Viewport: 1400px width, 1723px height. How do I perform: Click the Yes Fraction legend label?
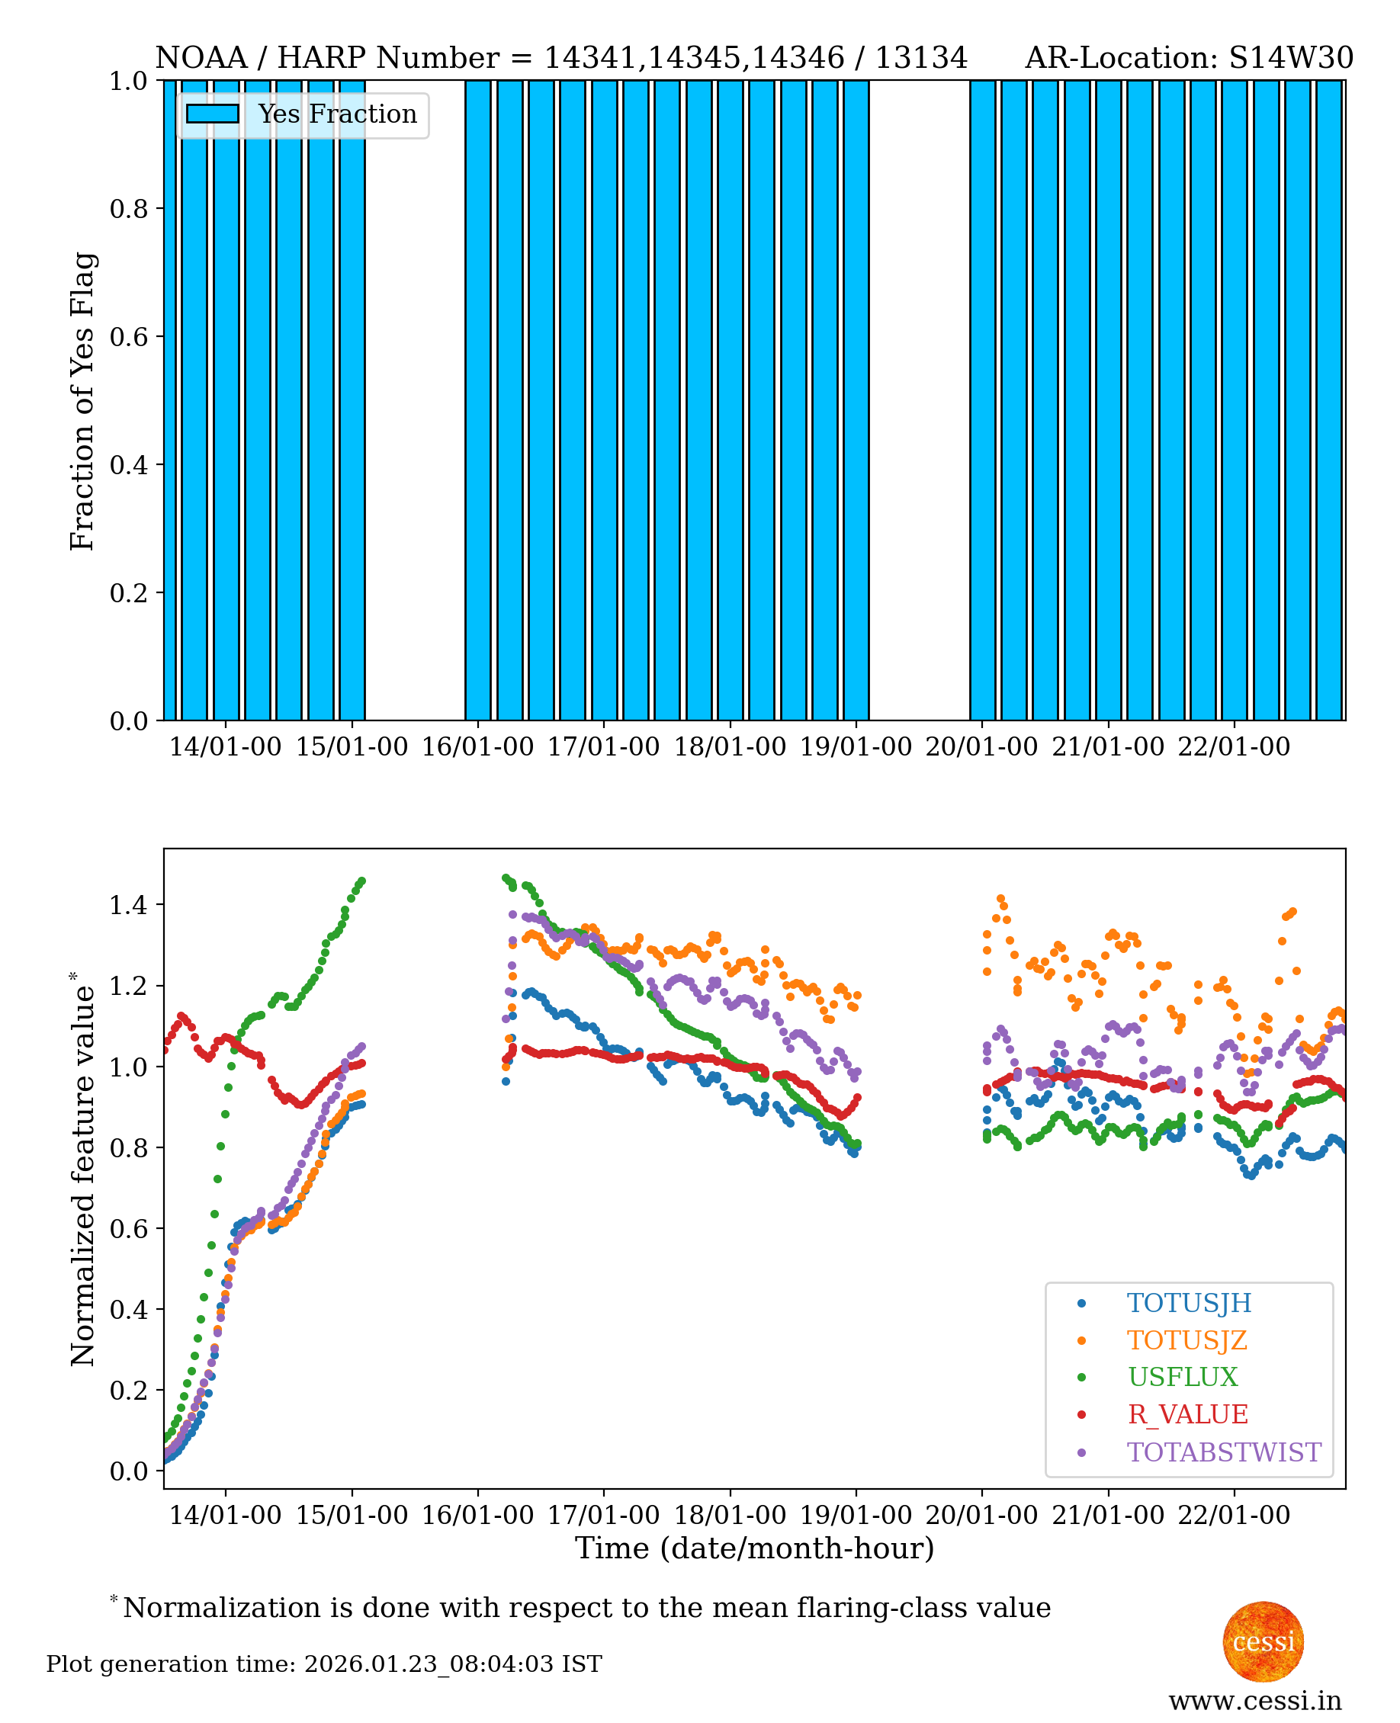(337, 114)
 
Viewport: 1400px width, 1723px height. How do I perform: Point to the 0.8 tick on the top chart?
(129, 209)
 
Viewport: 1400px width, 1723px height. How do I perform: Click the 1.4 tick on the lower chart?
(129, 906)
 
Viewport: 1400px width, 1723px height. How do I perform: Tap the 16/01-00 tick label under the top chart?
(477, 746)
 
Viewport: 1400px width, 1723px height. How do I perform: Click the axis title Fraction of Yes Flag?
(82, 401)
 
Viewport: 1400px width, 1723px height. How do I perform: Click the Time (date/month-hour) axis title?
(754, 1548)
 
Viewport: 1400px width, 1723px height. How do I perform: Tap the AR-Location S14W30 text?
(1188, 58)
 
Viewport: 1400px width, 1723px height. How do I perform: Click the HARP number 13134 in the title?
(920, 58)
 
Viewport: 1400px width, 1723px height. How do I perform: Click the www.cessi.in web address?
(1254, 1700)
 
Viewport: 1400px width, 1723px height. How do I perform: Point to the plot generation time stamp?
(323, 1664)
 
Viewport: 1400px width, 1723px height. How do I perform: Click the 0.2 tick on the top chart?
(129, 592)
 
